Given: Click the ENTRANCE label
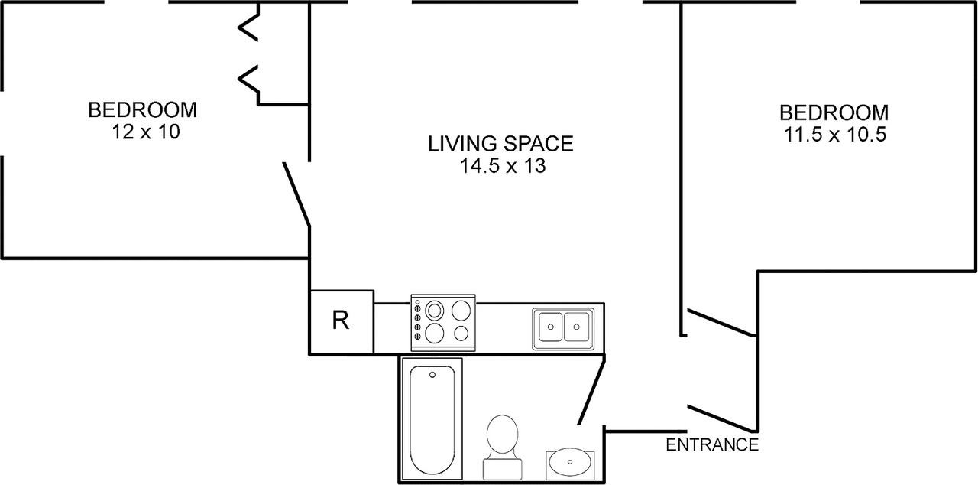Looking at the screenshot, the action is [712, 444].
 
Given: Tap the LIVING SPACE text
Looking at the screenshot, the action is [500, 144].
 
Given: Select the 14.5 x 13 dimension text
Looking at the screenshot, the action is [503, 166].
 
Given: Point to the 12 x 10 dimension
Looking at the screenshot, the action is [146, 132].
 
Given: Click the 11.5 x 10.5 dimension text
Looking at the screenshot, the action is [835, 134].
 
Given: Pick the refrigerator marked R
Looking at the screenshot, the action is [342, 321].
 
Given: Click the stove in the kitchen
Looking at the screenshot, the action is [443, 323].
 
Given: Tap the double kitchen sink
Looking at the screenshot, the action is [563, 329].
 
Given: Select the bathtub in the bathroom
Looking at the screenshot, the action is [432, 419].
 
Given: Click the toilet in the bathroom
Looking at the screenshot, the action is [502, 447].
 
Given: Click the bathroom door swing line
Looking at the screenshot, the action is [591, 389].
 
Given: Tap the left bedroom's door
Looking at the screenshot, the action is [297, 194].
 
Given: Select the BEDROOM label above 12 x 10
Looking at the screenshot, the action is [143, 110].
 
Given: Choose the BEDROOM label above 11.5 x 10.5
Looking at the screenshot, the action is [834, 112].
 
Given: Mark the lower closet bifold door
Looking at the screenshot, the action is [248, 79].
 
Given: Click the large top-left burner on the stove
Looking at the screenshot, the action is [435, 311].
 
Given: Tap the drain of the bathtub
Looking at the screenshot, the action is [432, 375].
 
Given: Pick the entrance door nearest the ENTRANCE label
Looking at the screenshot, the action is [721, 418].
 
